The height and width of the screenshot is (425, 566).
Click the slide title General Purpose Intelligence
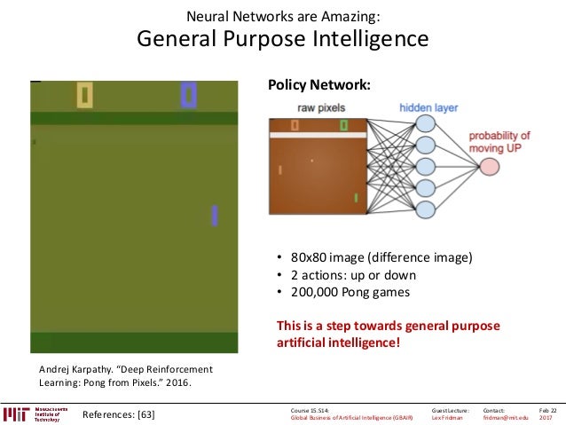(x=282, y=40)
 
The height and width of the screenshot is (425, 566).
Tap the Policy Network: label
(x=318, y=85)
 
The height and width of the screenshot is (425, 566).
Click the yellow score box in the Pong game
(x=85, y=94)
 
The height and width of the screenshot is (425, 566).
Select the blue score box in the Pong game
(x=188, y=94)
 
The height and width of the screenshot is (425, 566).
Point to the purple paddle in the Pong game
(x=215, y=215)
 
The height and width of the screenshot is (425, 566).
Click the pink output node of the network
(x=477, y=165)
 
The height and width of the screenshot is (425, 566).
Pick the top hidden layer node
(x=426, y=124)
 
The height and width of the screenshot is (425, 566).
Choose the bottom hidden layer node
(x=426, y=209)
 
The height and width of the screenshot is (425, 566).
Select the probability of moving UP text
(x=499, y=141)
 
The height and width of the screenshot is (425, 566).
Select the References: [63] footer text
(x=118, y=413)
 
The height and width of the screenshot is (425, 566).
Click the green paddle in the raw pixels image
(x=355, y=196)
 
